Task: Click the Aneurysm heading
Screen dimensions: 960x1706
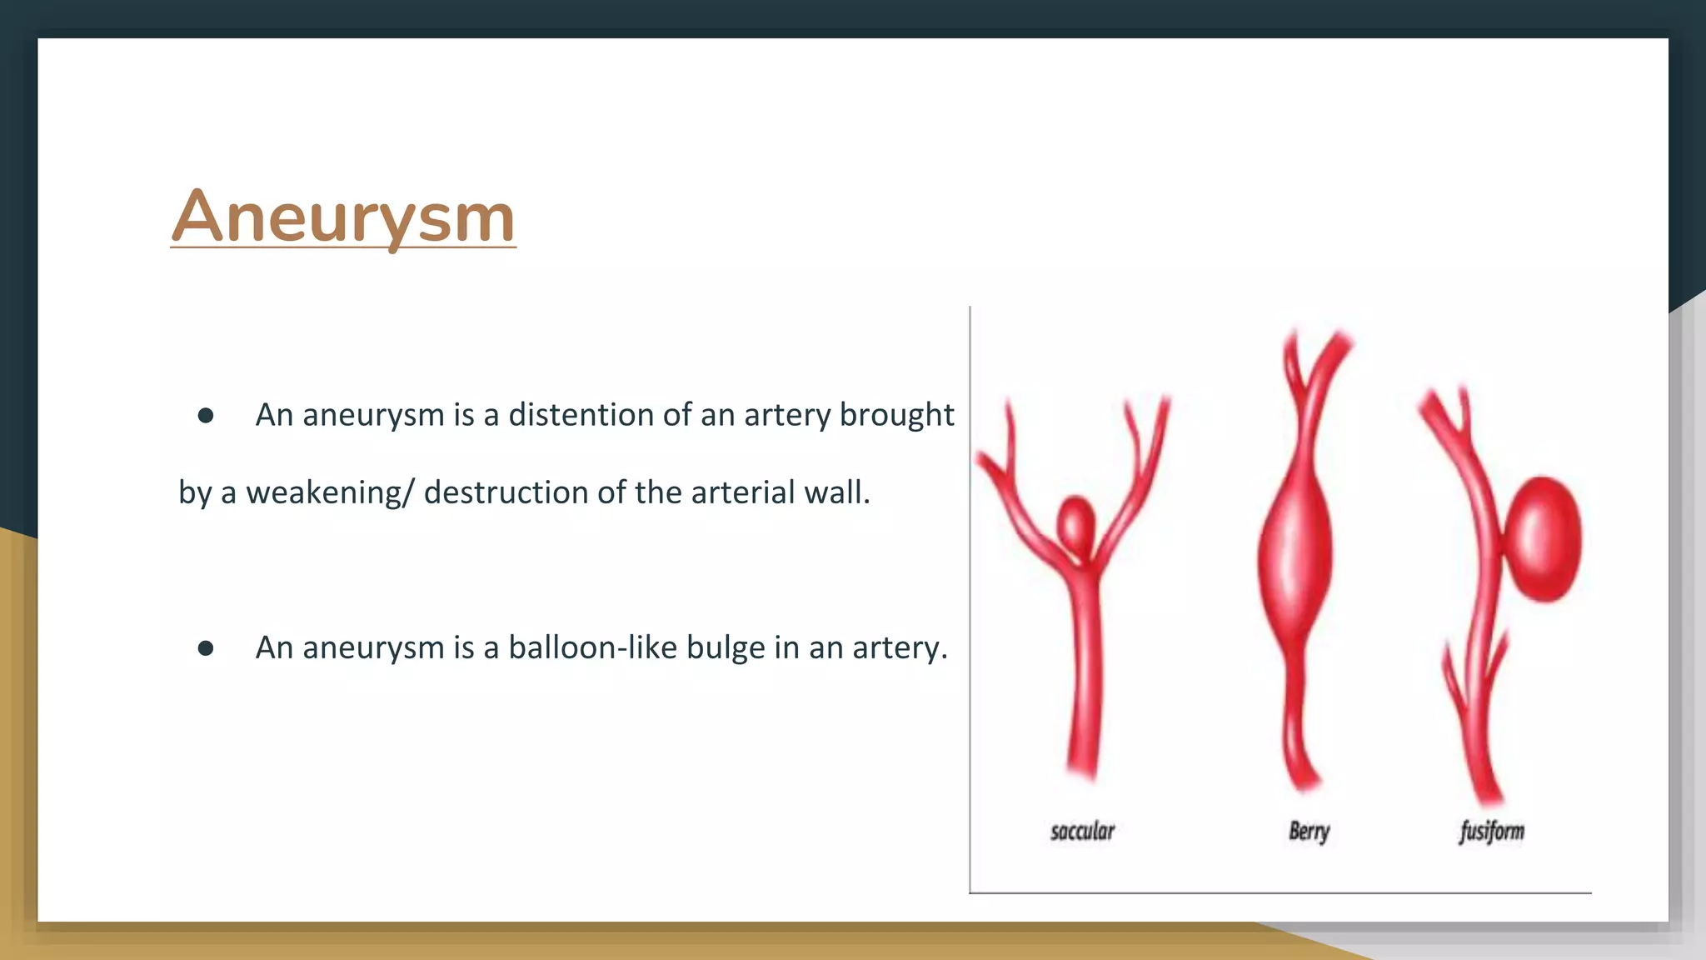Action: [343, 217]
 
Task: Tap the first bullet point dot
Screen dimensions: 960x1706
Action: [206, 415]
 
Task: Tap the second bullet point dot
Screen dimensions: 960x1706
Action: [206, 648]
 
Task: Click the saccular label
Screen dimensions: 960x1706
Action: [1082, 831]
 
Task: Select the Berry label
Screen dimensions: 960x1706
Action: [1309, 831]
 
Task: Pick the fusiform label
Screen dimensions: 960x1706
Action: [1491, 831]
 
